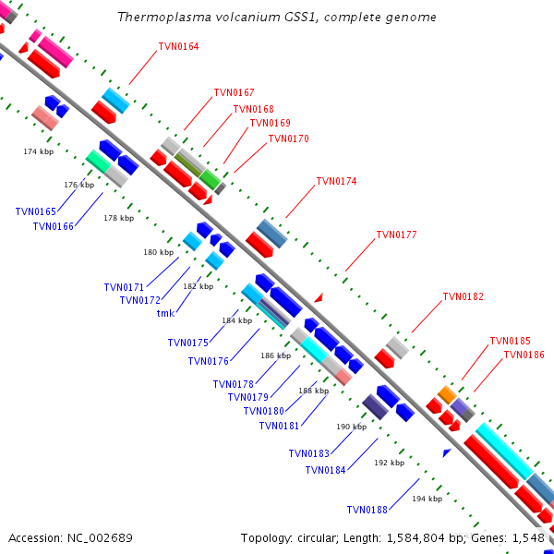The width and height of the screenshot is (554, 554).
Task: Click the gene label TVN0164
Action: click(x=178, y=46)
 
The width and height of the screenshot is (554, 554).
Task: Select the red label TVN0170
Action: click(x=288, y=138)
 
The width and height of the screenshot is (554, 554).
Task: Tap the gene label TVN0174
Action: click(x=336, y=181)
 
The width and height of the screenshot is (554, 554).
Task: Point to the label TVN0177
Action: click(x=396, y=235)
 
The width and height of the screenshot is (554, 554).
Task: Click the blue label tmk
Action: click(x=165, y=313)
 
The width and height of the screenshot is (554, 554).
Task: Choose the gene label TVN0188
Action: click(x=367, y=510)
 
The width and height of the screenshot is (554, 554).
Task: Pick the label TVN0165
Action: click(x=36, y=211)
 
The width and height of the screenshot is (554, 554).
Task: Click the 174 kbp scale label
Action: click(x=39, y=151)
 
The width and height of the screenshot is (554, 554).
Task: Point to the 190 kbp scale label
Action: click(x=351, y=427)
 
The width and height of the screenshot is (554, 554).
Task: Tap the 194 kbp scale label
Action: click(x=427, y=499)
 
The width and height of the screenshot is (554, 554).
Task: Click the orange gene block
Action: click(x=447, y=394)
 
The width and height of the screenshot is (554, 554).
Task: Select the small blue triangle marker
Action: click(x=447, y=452)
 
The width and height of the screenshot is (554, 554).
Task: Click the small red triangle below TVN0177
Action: click(x=319, y=297)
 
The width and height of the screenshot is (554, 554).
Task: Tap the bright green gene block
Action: click(x=211, y=180)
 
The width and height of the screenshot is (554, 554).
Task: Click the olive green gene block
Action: click(x=188, y=165)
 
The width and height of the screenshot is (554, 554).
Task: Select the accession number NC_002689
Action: click(x=100, y=538)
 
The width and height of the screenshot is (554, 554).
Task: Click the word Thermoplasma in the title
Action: click(x=164, y=17)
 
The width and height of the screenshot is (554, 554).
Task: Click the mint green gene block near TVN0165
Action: click(x=98, y=162)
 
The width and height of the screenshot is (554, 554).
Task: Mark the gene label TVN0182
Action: click(x=463, y=296)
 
